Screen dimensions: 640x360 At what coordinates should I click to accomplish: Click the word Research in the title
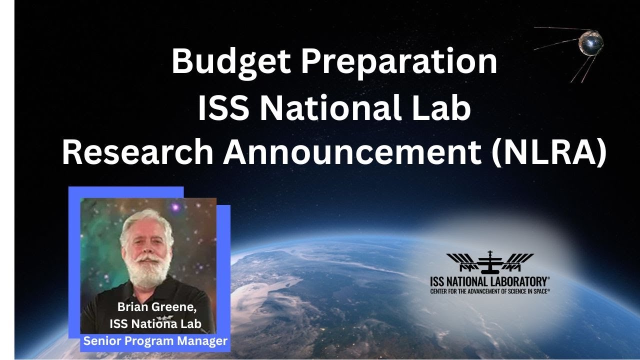[137, 151]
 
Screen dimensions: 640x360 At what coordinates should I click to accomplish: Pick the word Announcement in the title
[352, 151]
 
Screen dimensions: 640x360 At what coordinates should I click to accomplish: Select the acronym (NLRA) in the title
[548, 151]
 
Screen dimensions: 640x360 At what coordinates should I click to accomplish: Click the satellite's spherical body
[591, 43]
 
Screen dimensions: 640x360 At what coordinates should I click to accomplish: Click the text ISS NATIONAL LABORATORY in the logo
[488, 281]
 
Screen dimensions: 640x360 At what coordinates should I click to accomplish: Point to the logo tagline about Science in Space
[489, 291]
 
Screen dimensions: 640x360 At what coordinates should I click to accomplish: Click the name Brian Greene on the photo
[157, 307]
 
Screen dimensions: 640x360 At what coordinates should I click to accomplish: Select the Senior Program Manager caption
[155, 341]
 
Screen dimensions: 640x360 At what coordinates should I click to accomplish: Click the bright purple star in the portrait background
[175, 206]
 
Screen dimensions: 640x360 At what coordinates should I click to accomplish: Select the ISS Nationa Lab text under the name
[155, 324]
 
